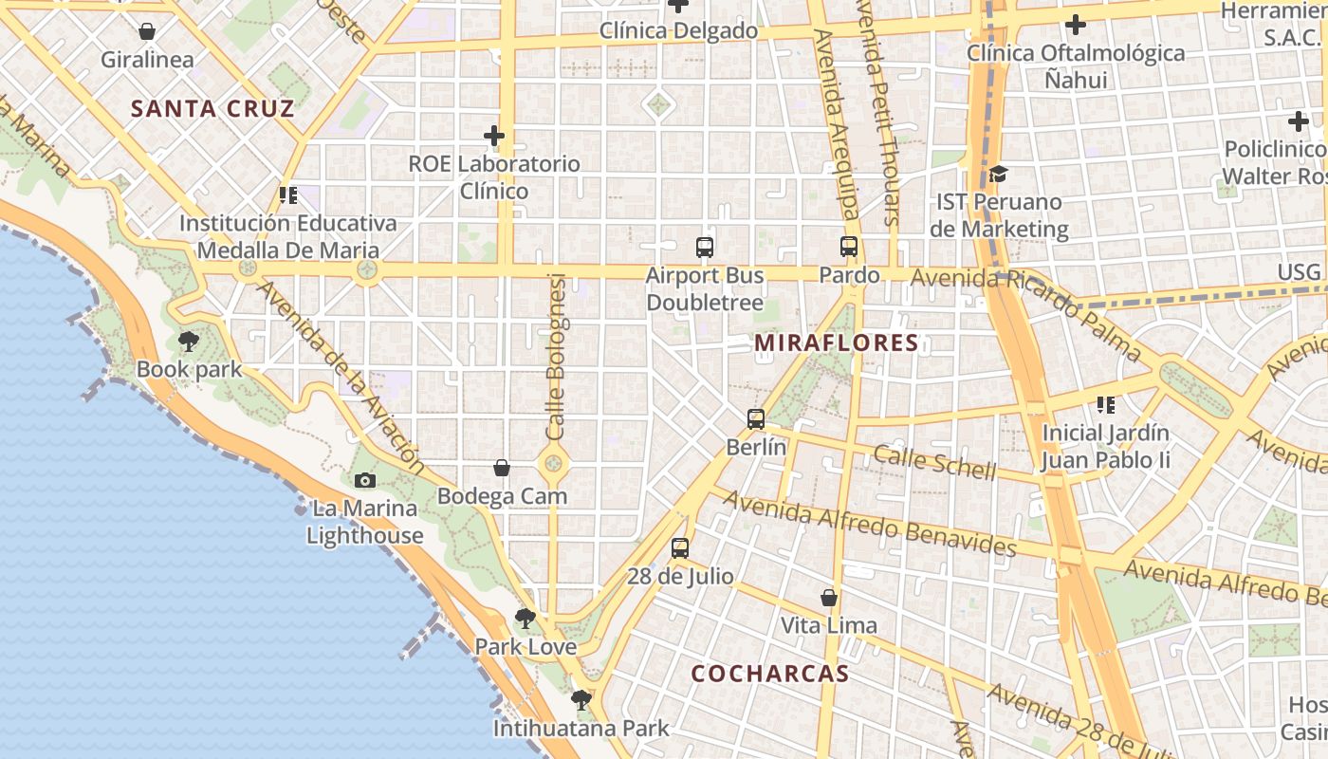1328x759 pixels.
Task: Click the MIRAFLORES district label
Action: coord(837,342)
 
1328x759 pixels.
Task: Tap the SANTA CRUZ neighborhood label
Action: coord(212,108)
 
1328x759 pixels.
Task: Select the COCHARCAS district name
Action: coord(769,674)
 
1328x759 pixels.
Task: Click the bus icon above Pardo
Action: coord(849,247)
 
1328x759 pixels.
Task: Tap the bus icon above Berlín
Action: coord(756,418)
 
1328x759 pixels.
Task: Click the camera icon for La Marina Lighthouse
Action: coord(365,480)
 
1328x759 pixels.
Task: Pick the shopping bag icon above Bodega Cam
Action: coord(502,468)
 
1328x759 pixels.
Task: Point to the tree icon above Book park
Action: coord(189,341)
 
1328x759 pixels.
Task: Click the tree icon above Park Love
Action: coord(525,619)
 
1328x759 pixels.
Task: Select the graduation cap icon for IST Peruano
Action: coord(998,174)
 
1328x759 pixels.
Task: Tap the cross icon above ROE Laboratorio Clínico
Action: coord(493,136)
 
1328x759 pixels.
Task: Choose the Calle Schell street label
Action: coord(934,462)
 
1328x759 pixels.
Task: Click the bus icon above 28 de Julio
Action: coord(680,547)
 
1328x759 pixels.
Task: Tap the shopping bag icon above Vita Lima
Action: coord(829,598)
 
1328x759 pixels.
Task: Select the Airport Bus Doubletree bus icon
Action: coord(704,248)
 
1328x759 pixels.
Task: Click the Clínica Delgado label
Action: coord(678,31)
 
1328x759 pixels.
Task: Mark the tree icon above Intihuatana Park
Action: coord(581,700)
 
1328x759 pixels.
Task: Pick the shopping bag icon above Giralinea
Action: coord(147,31)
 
